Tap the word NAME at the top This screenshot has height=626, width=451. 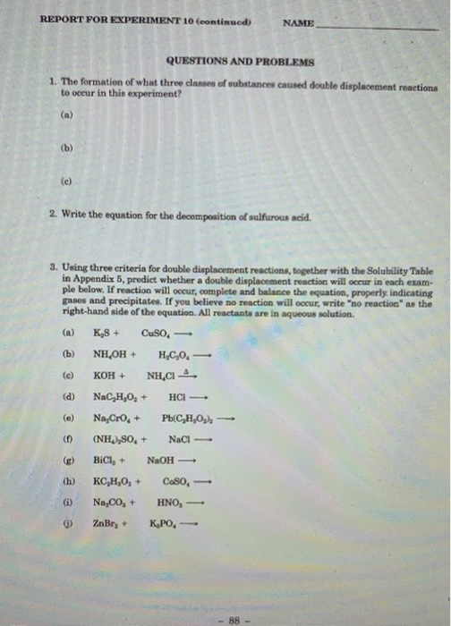[x=298, y=21]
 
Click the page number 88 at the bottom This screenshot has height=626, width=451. [x=235, y=592]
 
